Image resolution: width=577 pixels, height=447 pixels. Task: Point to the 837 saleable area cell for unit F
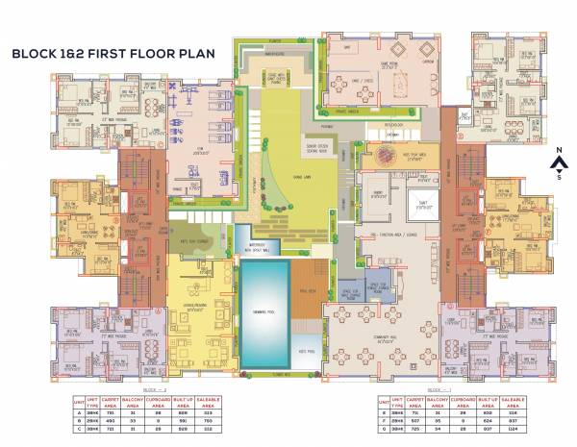[512, 419]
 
